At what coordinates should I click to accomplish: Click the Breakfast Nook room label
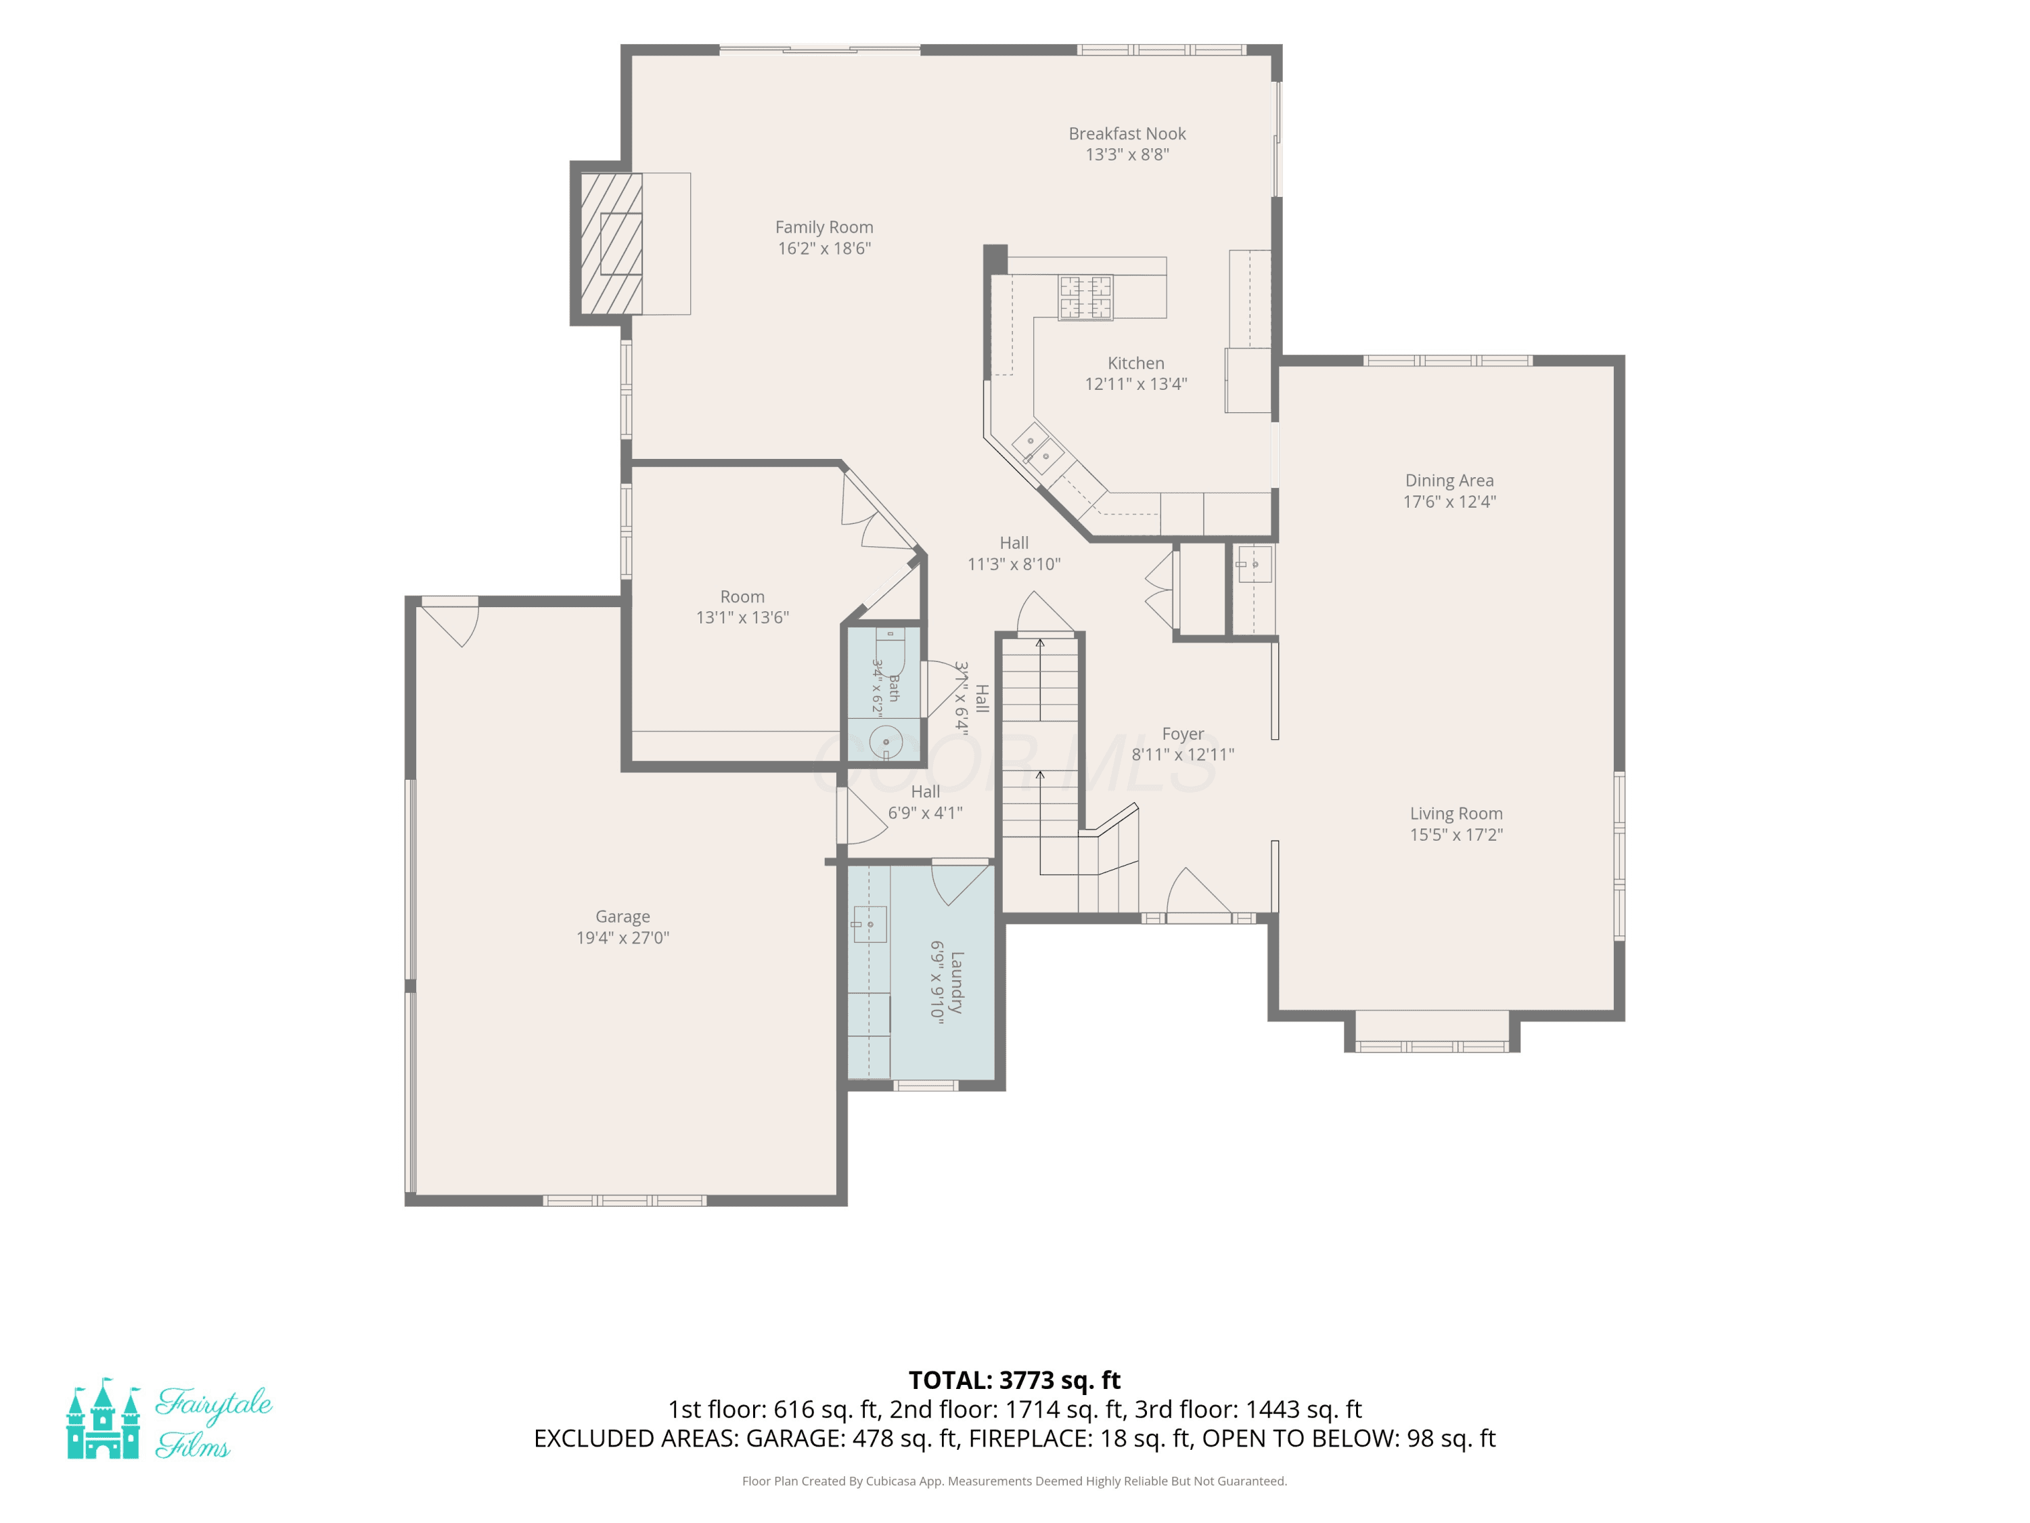[1127, 134]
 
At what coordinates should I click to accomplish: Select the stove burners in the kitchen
[1085, 297]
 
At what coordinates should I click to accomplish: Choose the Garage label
[623, 917]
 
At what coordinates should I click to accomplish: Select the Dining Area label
[1449, 480]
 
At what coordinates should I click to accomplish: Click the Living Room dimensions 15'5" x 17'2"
[1456, 835]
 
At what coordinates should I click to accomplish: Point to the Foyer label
[1183, 734]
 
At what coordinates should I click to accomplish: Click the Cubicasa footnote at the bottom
[1014, 1481]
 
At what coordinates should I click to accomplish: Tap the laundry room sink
[868, 925]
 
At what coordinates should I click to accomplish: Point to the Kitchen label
[1136, 363]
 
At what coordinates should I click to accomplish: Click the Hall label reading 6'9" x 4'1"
[925, 812]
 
